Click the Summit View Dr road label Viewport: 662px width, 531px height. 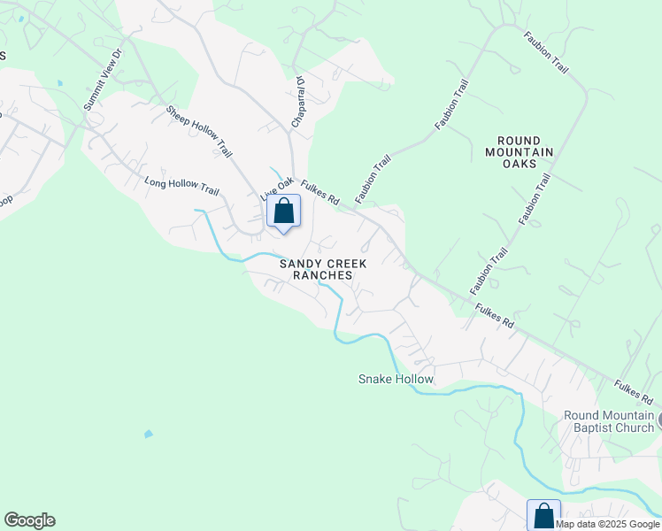pyautogui.click(x=105, y=84)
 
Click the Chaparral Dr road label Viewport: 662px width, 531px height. pyautogui.click(x=299, y=101)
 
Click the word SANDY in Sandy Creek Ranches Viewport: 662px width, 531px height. pyautogui.click(x=298, y=264)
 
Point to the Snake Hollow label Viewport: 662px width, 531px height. pyautogui.click(x=396, y=379)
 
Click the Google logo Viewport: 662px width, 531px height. pyautogui.click(x=29, y=520)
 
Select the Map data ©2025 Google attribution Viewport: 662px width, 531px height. pyautogui.click(x=608, y=524)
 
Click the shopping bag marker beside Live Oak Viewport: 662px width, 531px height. pyautogui.click(x=283, y=212)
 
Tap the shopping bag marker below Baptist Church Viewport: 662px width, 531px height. pyautogui.click(x=543, y=516)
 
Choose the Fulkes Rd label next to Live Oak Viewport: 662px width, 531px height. pyautogui.click(x=320, y=193)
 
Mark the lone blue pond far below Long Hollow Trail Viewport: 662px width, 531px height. pyautogui.click(x=148, y=434)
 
